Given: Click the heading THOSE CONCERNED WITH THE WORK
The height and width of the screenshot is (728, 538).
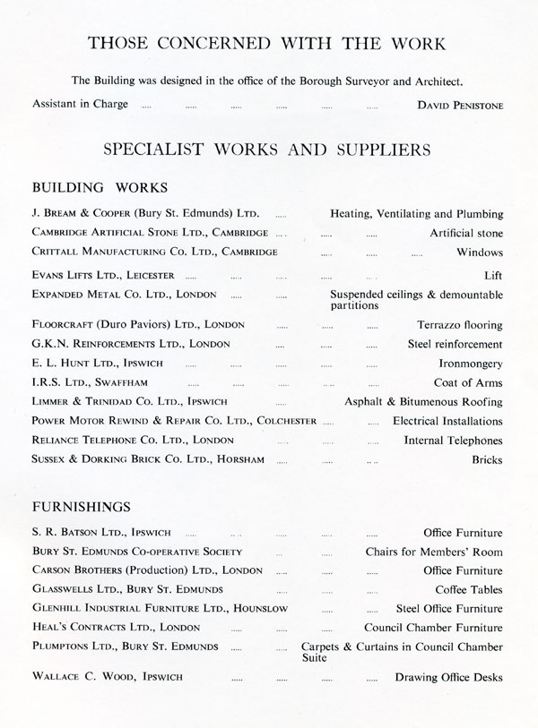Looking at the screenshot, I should tap(268, 44).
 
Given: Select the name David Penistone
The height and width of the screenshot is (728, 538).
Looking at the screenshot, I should tap(460, 105).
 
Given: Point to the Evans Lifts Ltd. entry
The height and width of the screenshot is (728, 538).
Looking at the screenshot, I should tap(103, 275).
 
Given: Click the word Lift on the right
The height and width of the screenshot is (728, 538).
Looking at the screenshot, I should tap(493, 275).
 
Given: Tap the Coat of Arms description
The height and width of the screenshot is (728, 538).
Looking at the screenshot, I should tap(470, 383).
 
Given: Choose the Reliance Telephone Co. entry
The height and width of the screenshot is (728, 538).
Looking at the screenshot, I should tap(133, 441).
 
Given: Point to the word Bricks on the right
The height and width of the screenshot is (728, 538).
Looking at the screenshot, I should tap(487, 460).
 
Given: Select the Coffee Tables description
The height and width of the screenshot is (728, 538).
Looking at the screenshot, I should tap(469, 589).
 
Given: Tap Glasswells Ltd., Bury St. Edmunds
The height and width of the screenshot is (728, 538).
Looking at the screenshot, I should tap(127, 589).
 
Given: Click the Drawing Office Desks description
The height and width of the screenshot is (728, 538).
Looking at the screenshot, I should tap(448, 677).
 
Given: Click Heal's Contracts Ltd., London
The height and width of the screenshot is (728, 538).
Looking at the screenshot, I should tap(116, 628).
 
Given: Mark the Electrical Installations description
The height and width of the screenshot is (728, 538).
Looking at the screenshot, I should tap(447, 421).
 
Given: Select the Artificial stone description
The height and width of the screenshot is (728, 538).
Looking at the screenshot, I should tap(466, 234).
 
